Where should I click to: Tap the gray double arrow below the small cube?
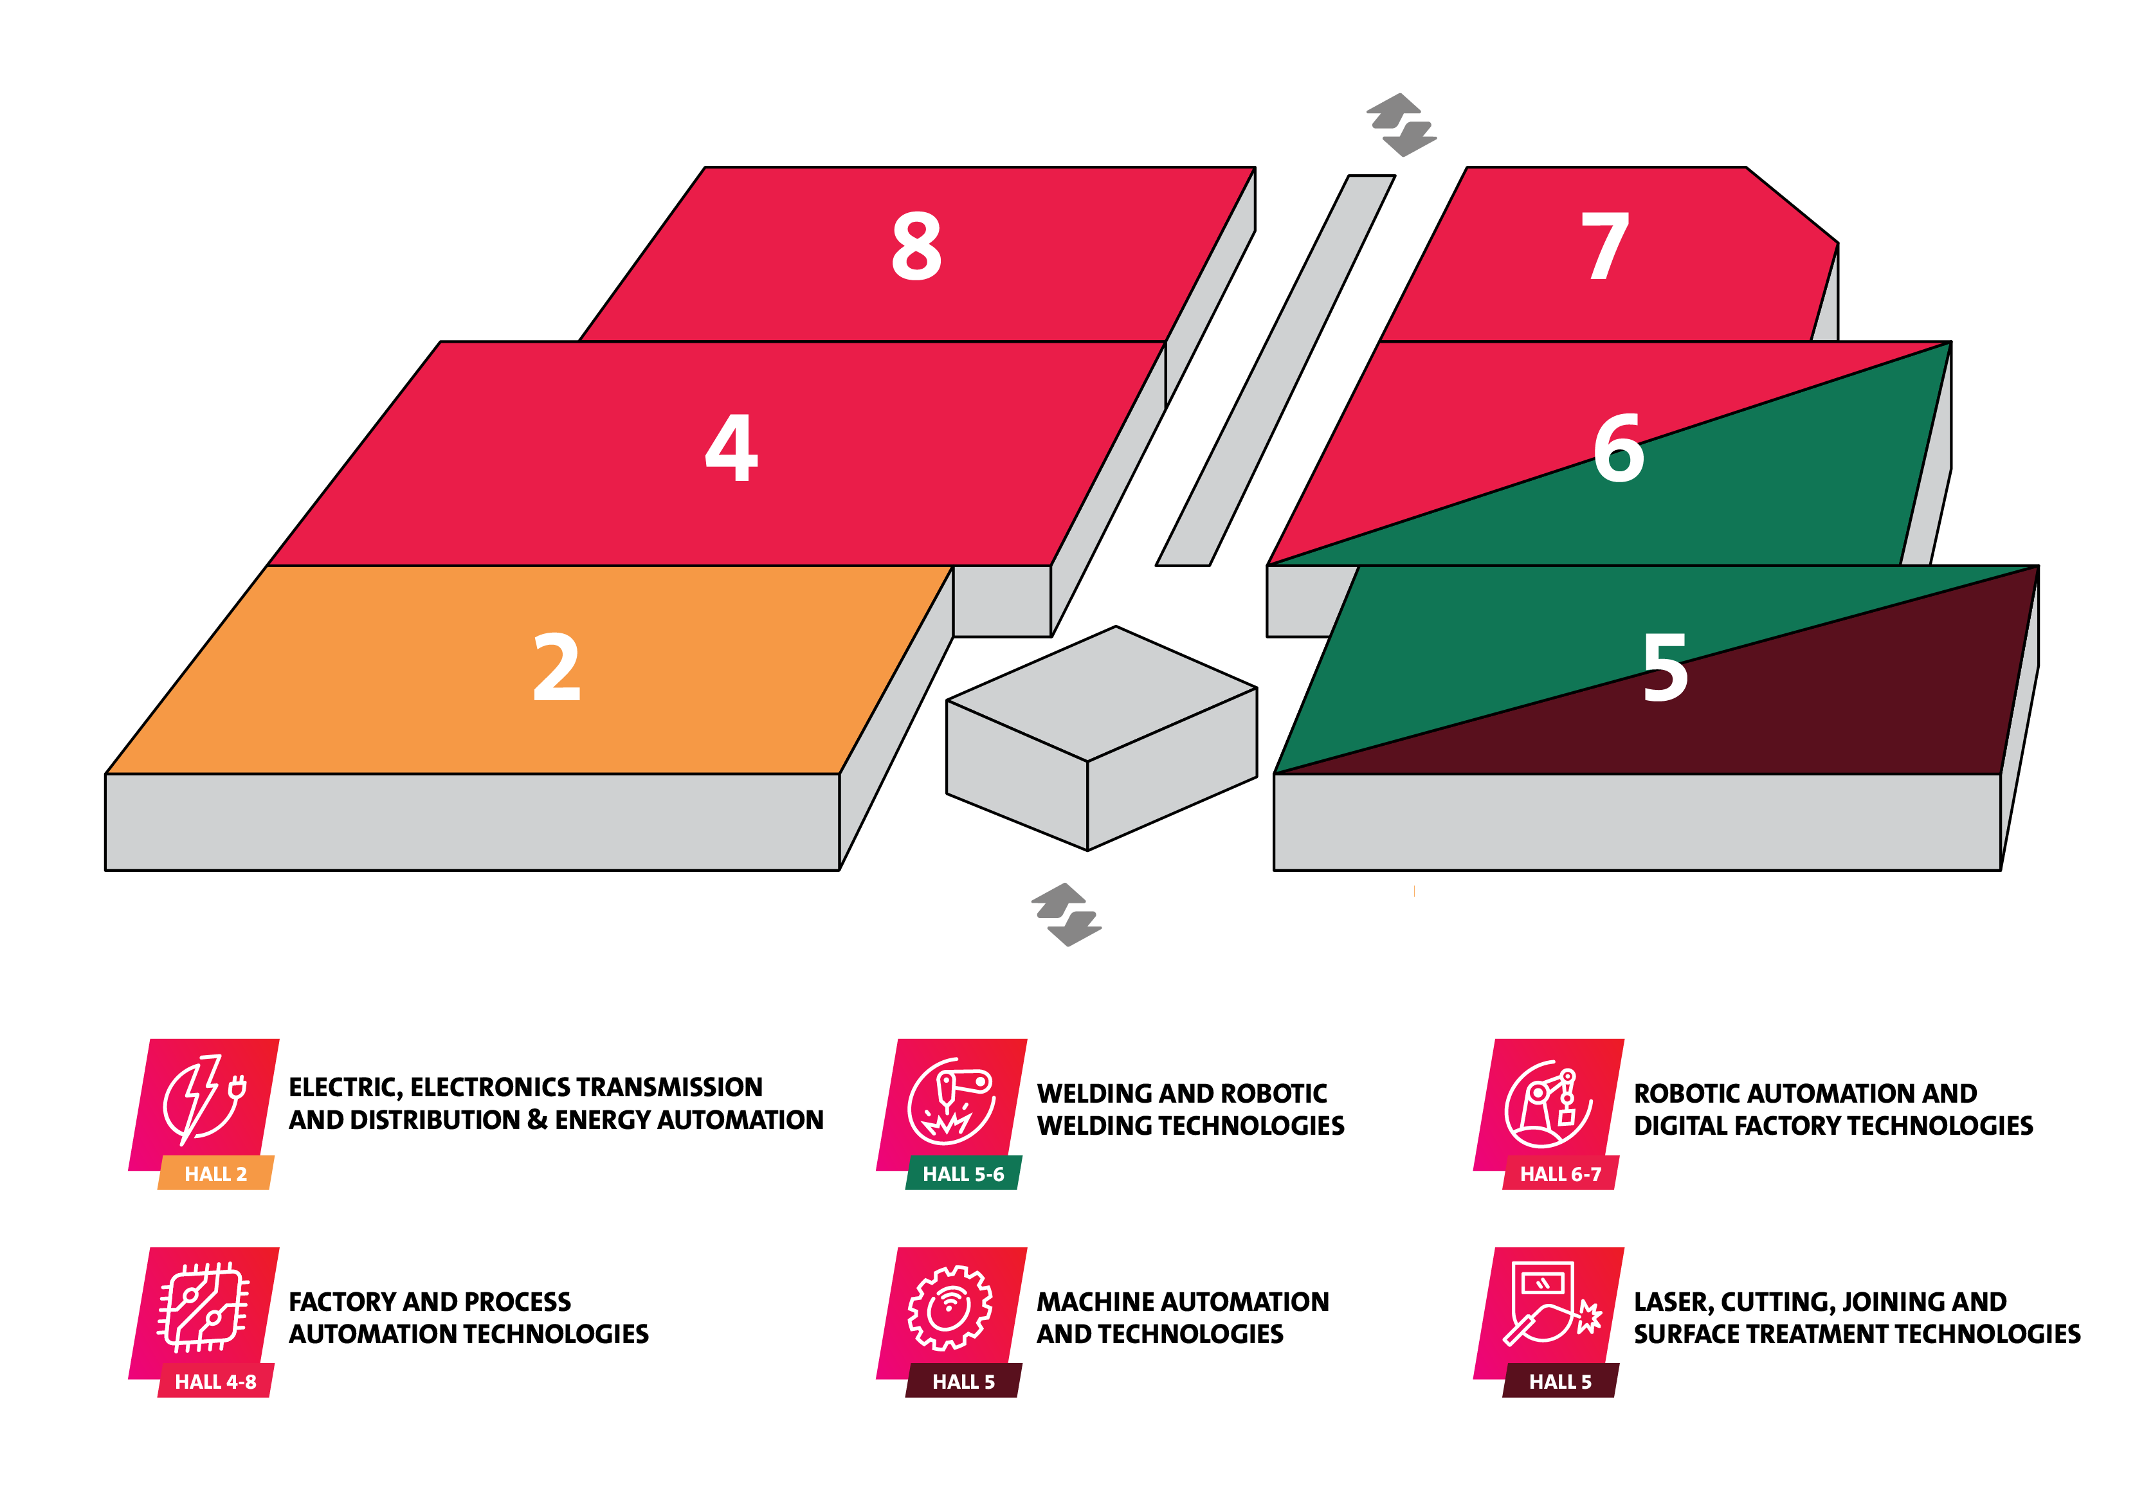pos(1066,914)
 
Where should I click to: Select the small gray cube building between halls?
pos(1102,737)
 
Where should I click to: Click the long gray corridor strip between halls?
pos(1276,370)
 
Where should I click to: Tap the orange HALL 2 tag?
pos(215,1173)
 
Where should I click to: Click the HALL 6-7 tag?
pos(1560,1173)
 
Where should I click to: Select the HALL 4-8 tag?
pos(215,1381)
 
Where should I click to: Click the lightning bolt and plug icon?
pos(204,1101)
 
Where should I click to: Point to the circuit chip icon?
pos(204,1307)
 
